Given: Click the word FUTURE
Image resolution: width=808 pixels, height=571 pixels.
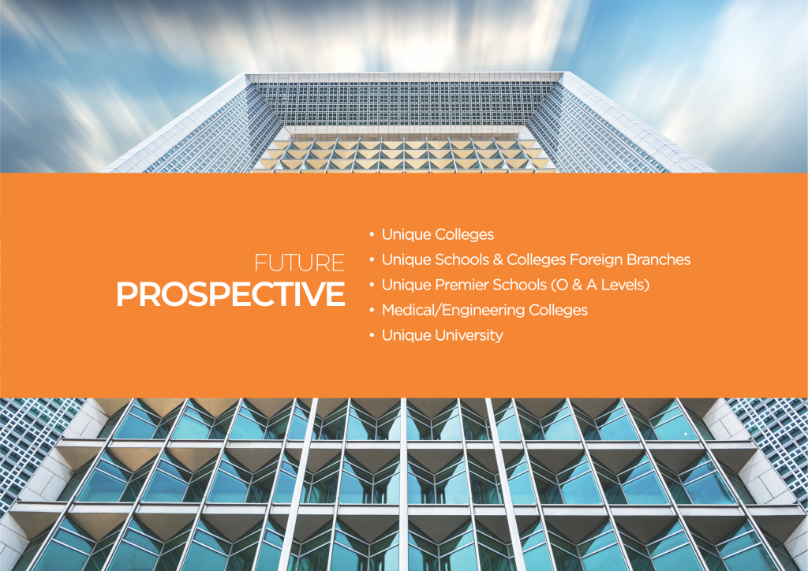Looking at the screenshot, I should coord(300,263).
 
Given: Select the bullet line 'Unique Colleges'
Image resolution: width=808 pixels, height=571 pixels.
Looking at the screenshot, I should coord(437,234).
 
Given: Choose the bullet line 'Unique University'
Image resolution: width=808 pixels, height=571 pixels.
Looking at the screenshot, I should coord(442,335).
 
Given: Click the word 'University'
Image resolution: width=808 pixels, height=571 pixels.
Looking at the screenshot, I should coord(469,335).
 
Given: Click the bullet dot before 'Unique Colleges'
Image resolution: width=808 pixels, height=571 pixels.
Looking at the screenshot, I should coord(371,235).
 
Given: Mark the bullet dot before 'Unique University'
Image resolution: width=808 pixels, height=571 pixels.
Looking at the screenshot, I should coord(371,336).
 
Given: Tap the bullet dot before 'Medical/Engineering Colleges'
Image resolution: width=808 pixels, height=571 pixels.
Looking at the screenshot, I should coord(371,311).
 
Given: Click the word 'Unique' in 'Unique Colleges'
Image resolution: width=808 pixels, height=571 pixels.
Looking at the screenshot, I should coord(406,234).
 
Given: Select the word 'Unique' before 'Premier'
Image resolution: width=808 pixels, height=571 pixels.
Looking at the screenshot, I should coord(406,285).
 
